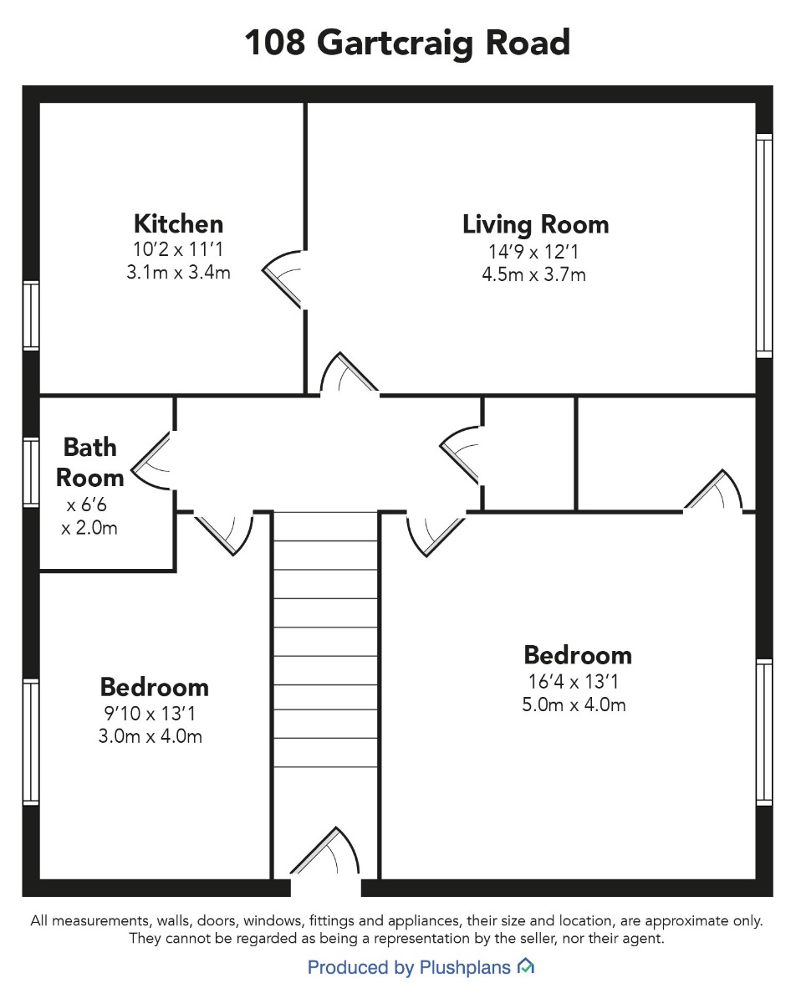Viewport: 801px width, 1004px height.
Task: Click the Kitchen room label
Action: pos(179,224)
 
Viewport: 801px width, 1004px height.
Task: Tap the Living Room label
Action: pos(536,225)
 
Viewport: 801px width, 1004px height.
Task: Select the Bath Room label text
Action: pos(90,463)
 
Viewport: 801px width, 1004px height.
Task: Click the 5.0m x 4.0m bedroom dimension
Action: pos(574,704)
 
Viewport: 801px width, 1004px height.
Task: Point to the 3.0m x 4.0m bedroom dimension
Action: pos(151,736)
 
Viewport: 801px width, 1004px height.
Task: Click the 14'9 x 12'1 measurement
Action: pos(533,252)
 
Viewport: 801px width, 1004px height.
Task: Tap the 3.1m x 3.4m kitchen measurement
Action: pos(179,272)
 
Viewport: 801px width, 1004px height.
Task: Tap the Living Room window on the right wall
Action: pos(764,246)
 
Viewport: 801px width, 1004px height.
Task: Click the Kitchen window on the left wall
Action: pos(31,315)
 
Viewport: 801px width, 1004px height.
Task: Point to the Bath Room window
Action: pos(31,473)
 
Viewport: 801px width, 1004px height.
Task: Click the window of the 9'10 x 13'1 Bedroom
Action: pos(31,742)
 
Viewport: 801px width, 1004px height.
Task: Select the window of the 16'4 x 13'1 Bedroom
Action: pos(764,732)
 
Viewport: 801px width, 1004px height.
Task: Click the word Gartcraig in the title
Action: pos(395,44)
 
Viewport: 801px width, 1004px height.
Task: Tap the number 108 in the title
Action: pos(275,43)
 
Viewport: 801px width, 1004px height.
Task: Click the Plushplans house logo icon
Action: pos(525,966)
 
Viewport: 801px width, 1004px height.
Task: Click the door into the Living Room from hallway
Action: pos(349,373)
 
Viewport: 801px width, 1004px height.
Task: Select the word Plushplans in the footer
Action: pos(465,968)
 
